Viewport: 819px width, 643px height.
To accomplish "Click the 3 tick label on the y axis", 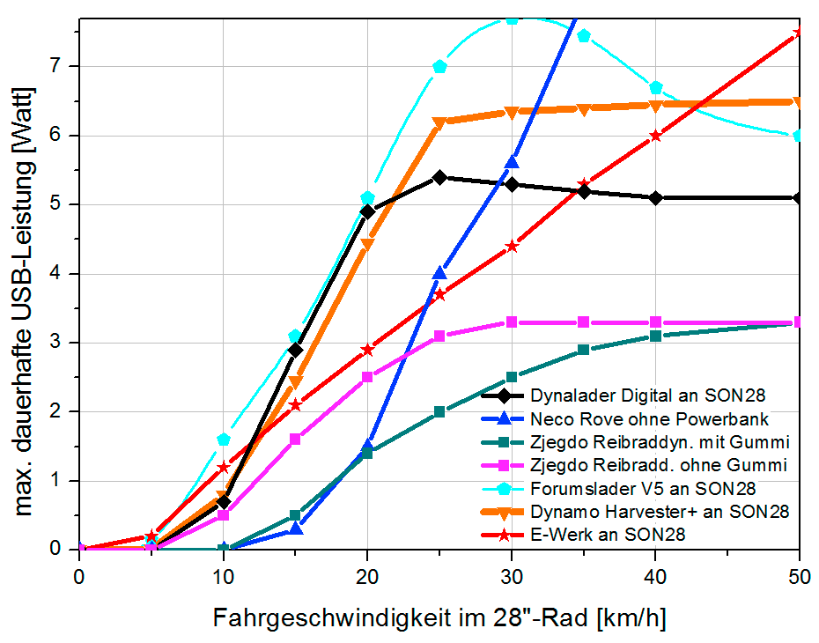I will [63, 343].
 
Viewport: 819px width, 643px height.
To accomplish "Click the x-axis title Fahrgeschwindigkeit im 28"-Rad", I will [439, 618].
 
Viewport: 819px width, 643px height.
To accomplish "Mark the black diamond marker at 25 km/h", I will [440, 177].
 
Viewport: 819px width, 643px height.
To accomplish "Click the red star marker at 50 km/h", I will [799, 33].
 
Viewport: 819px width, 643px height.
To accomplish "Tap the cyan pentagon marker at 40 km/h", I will [655, 87].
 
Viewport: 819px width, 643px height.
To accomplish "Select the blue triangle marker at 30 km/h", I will [512, 162].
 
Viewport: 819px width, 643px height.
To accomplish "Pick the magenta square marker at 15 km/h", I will [296, 439].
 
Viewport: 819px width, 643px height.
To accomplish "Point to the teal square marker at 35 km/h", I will [583, 350].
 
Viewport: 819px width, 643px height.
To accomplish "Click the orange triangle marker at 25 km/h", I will [440, 123].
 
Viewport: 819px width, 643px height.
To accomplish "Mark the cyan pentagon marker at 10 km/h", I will [224, 439].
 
